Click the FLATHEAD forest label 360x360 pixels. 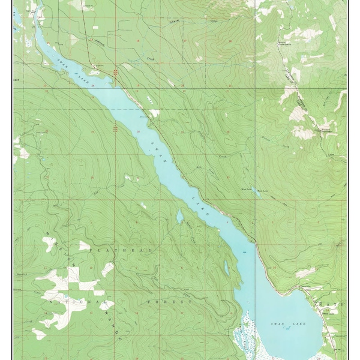(x=133, y=249)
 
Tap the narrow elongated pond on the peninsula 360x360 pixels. (x=226, y=268)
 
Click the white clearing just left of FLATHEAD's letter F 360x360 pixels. (x=84, y=246)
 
